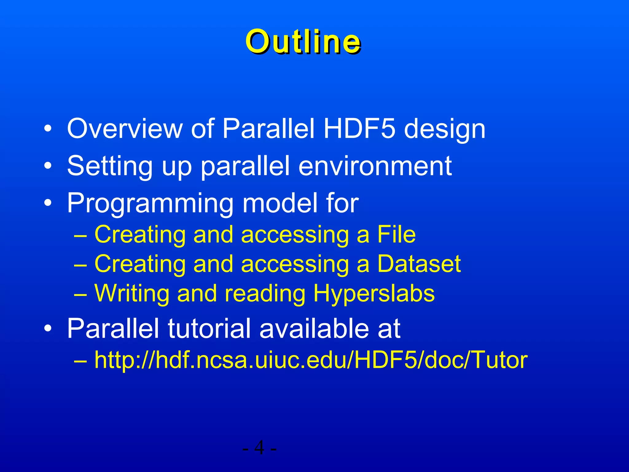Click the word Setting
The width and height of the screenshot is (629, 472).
click(110, 167)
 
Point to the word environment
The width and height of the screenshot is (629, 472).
click(375, 166)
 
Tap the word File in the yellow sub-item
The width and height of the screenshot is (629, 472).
click(396, 234)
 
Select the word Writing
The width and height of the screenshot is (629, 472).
click(132, 294)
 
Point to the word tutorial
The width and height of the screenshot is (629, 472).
click(209, 328)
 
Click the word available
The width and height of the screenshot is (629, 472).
click(314, 328)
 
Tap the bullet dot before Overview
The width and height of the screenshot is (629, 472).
click(48, 129)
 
